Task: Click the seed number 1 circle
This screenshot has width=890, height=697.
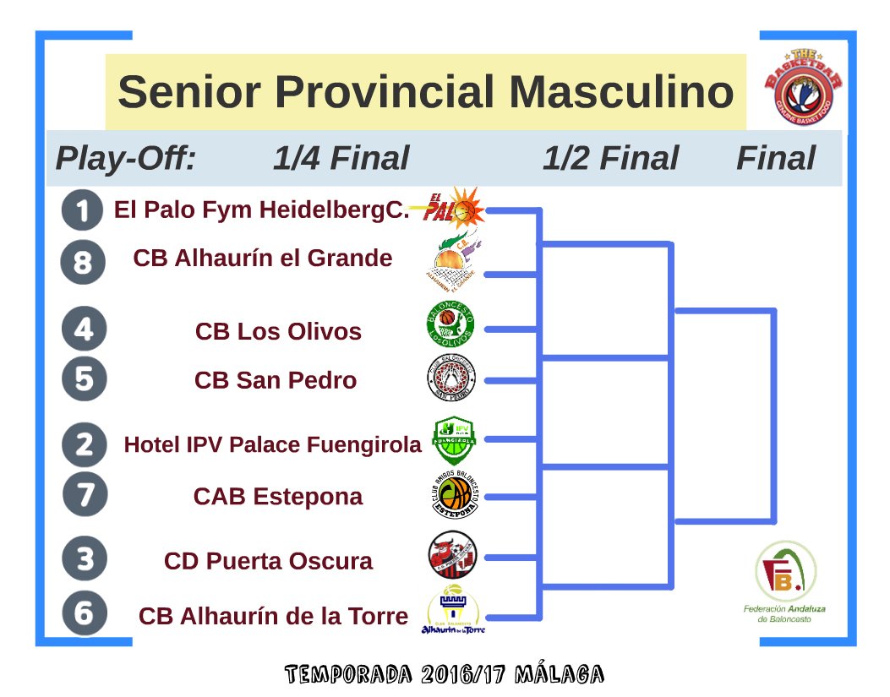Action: tap(83, 210)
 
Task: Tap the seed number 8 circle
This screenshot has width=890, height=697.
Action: tap(83, 263)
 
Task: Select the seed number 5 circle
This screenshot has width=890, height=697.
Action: tap(84, 379)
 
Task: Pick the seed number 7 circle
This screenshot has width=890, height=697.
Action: tap(84, 495)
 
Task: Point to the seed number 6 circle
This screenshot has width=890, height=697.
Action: tap(84, 613)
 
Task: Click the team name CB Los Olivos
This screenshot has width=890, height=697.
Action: tap(278, 331)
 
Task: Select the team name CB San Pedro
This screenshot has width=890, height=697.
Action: tap(276, 380)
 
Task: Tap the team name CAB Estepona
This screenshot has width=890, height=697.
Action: tap(278, 496)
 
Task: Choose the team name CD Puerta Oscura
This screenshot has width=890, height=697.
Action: tap(268, 561)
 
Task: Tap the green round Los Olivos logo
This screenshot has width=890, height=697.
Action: tap(450, 325)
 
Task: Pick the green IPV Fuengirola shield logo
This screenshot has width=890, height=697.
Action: tap(454, 438)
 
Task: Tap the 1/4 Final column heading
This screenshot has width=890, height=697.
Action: tap(341, 159)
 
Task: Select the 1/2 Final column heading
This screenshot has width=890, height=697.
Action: tap(610, 159)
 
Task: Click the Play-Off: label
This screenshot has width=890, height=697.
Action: tap(125, 159)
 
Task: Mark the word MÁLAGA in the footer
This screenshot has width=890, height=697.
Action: tap(559, 674)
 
